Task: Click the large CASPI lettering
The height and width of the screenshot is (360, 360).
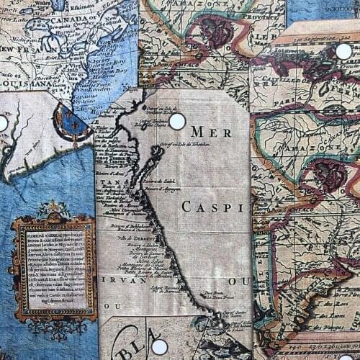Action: [x=207, y=207]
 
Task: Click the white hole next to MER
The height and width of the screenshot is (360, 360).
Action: [x=177, y=121]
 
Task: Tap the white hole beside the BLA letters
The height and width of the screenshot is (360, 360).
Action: [x=159, y=346]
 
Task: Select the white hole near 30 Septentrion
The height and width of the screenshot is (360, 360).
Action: [x=344, y=51]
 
